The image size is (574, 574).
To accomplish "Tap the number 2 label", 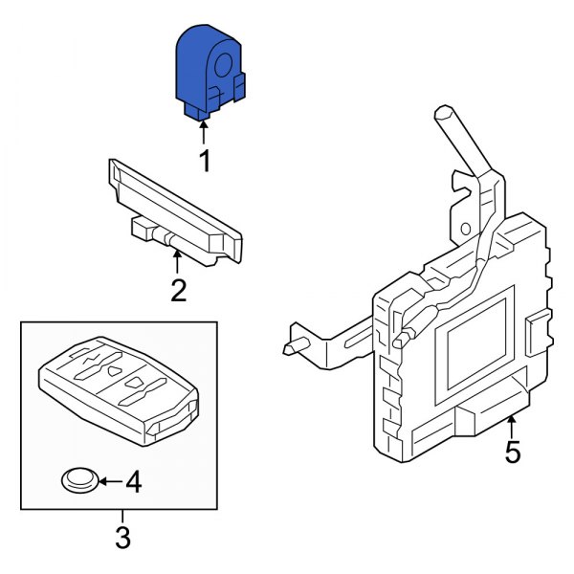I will point(179,289).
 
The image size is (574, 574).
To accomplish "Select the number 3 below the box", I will point(122,538).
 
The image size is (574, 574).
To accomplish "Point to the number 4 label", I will point(133,484).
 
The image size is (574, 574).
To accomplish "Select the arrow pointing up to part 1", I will point(204,132).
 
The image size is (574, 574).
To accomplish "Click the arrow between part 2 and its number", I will point(178,261).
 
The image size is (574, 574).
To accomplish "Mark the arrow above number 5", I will point(513,427).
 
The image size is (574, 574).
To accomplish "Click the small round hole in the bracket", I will point(465,230).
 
